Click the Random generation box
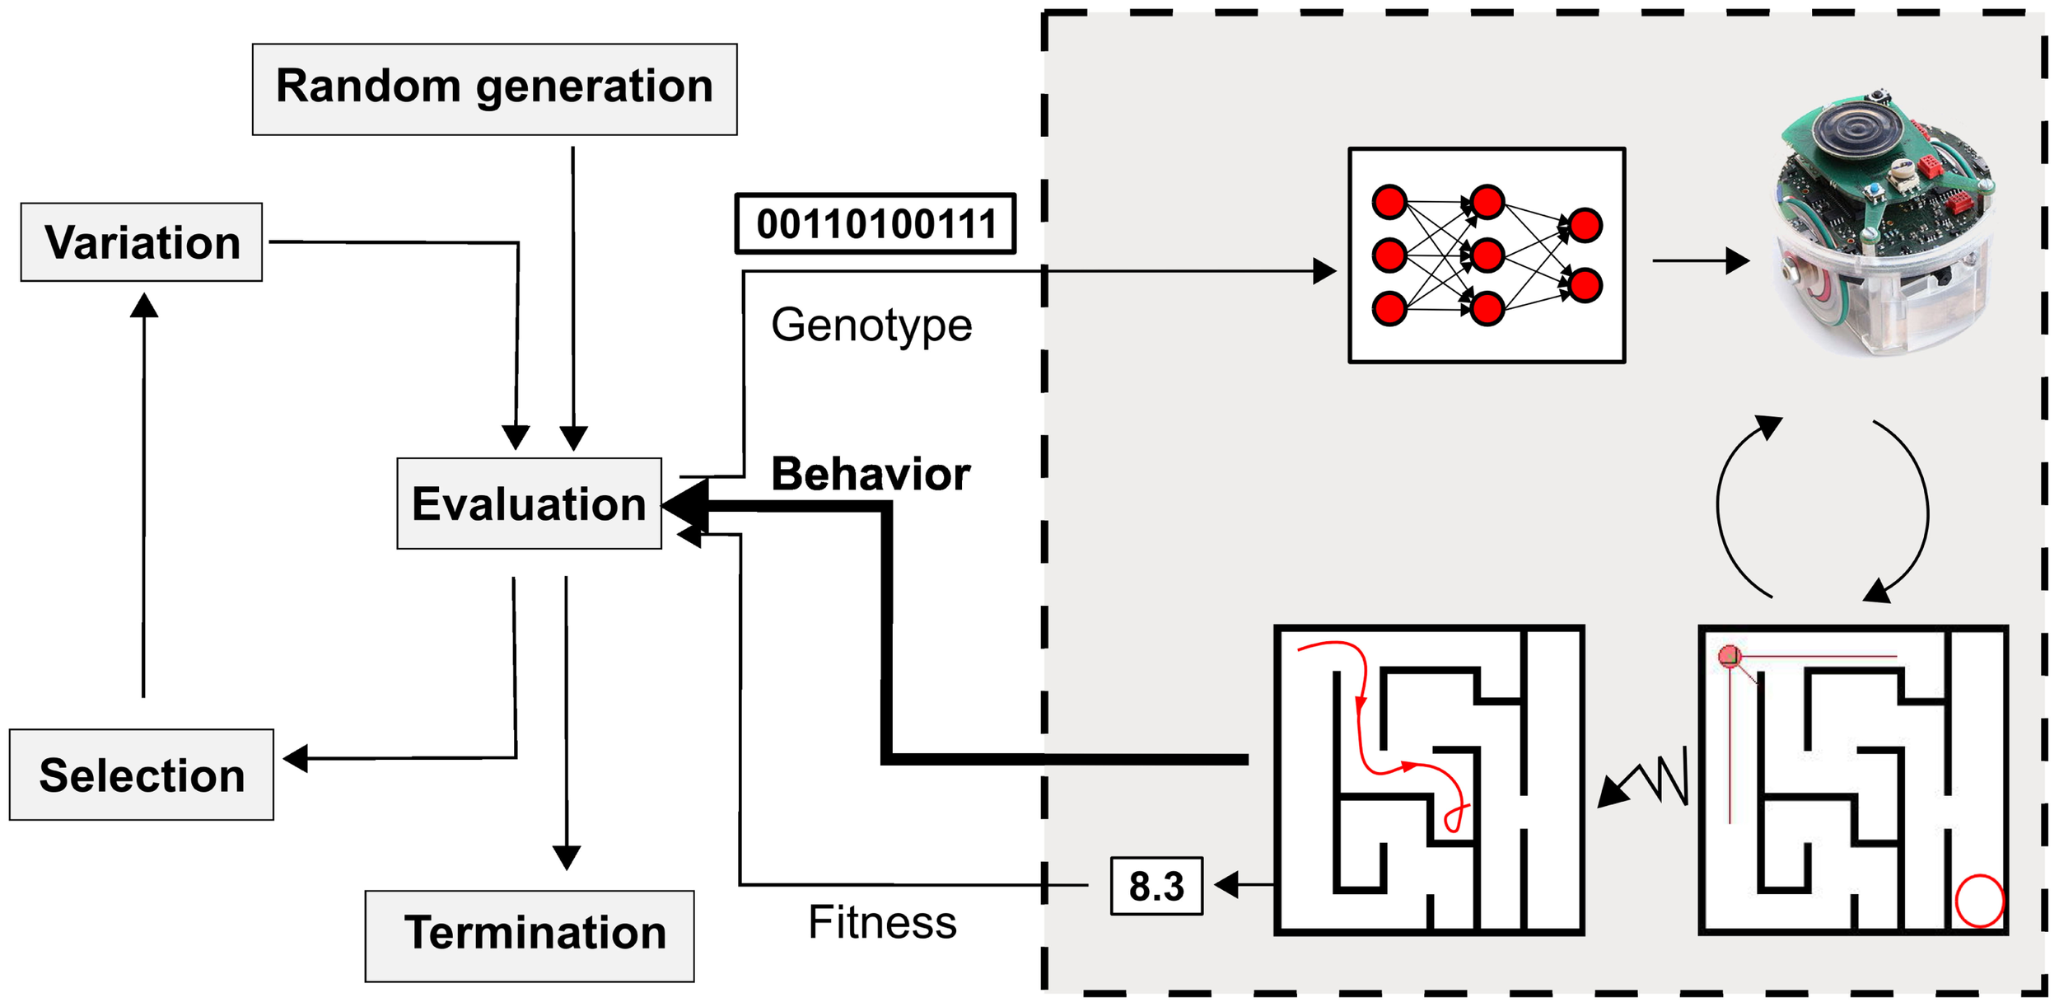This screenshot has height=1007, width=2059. point(494,89)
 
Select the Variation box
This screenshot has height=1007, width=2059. point(142,242)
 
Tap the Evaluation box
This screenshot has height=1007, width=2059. point(529,503)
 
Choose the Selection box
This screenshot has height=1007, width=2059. point(142,775)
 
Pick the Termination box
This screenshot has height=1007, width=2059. point(530,935)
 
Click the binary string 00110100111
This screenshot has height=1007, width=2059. point(875,223)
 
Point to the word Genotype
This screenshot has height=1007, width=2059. point(871,325)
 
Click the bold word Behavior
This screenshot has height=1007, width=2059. point(871,475)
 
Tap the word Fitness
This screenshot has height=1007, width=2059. point(882,922)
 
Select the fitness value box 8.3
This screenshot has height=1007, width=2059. point(1156,887)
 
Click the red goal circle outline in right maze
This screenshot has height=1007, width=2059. point(1979,901)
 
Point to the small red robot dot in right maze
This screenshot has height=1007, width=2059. point(1730,656)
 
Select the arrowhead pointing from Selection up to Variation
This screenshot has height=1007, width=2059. point(144,305)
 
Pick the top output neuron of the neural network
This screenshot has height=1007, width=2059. point(1585,225)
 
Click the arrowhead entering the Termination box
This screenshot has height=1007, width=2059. point(567,857)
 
